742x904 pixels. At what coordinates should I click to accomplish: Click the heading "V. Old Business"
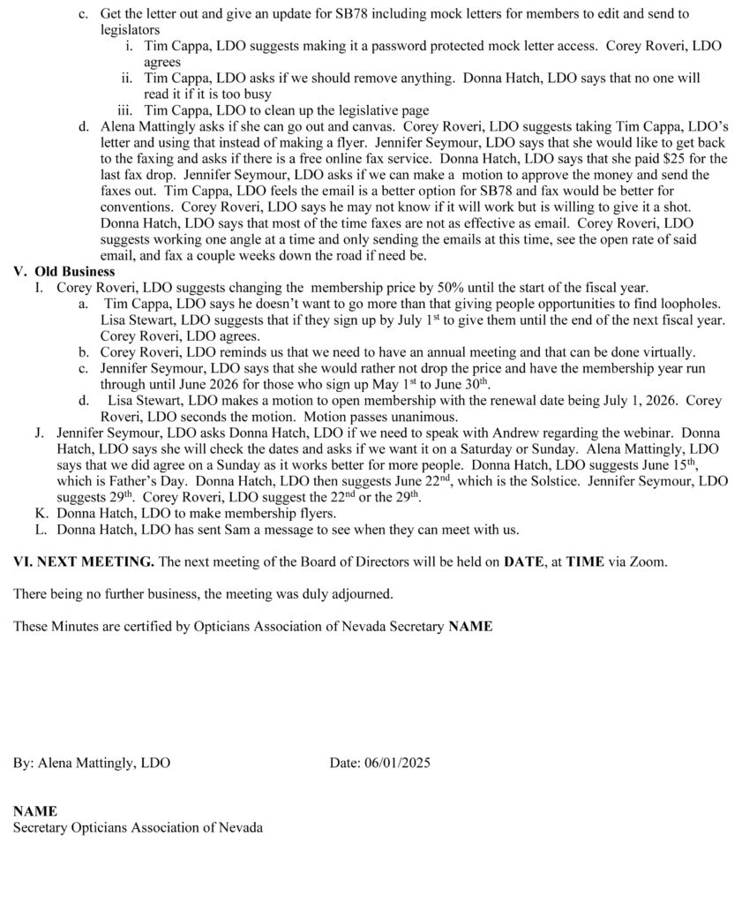(x=64, y=271)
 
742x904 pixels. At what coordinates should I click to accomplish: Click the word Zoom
(x=653, y=561)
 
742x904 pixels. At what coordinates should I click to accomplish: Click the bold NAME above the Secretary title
(x=34, y=810)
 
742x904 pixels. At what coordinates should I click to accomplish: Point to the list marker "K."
(x=41, y=513)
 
